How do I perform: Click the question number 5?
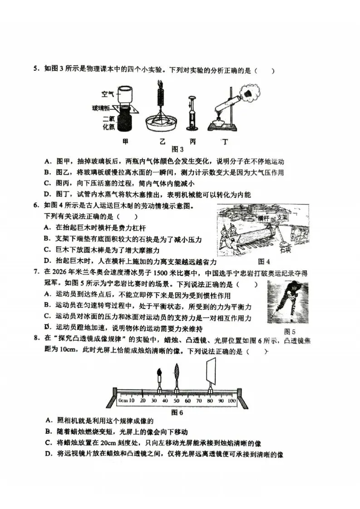[x=35, y=70]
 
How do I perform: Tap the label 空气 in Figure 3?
[x=108, y=94]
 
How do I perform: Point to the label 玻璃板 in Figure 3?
[x=101, y=108]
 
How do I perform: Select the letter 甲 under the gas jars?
[x=126, y=141]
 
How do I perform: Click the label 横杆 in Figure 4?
[x=264, y=218]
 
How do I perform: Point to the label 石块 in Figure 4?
[x=285, y=250]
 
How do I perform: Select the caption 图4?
[x=264, y=261]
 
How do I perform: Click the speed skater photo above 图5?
[x=288, y=302]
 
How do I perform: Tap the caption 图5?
[x=290, y=331]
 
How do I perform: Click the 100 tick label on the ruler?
[x=232, y=401]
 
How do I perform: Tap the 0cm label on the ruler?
[x=123, y=401]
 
